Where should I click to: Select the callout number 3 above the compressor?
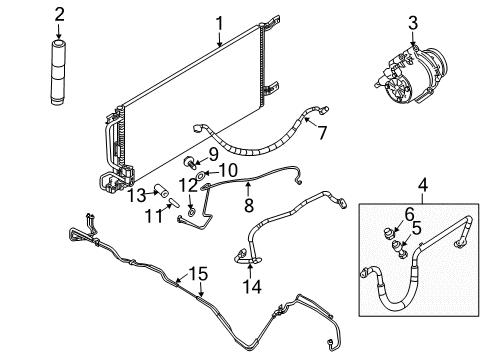coord(411,22)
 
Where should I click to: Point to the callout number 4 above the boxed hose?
coord(422,184)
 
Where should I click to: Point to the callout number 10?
coord(229,170)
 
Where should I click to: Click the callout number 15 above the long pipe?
coord(200,273)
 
